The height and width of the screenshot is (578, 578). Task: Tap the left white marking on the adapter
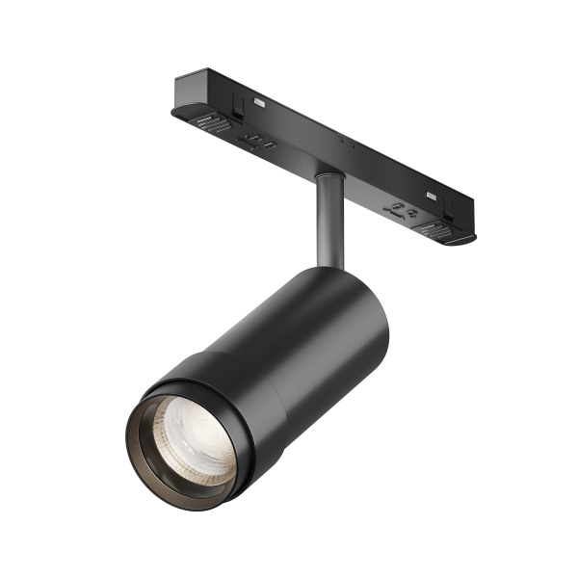click(261, 99)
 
